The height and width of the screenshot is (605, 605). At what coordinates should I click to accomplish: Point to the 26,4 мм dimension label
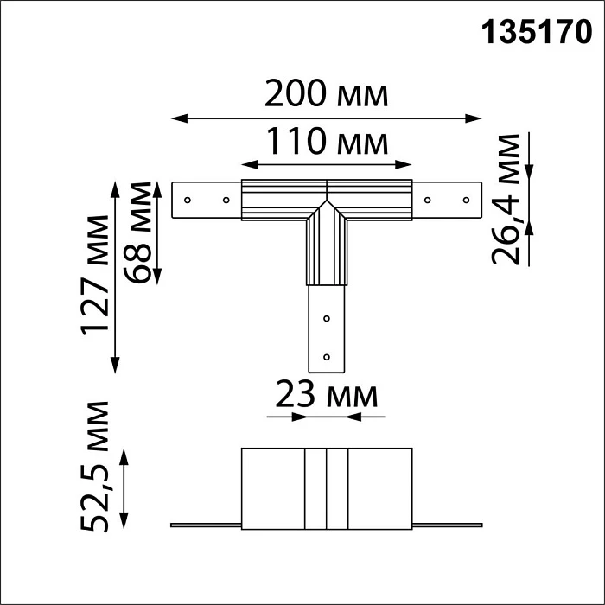509,200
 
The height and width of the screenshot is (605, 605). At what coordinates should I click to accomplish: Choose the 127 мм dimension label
97,274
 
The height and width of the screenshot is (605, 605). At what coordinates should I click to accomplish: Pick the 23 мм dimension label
327,396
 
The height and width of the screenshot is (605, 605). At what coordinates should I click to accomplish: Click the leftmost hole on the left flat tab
187,200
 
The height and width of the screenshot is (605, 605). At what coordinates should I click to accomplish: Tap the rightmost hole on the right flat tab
465,200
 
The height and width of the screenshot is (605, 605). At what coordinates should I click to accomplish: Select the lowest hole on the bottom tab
326,355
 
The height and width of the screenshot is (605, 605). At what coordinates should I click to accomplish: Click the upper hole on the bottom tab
326,318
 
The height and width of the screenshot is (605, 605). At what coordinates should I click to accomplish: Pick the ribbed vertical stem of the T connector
326,251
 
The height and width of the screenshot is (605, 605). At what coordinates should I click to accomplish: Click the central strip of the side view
326,488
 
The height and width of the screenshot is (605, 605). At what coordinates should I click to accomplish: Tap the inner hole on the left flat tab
225,200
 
